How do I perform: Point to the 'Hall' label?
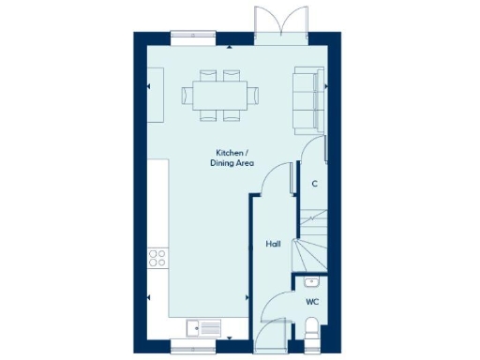click(x=273, y=244)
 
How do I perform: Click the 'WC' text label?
click(x=312, y=303)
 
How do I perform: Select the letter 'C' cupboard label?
click(x=314, y=184)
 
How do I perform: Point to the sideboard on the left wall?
click(x=156, y=94)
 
